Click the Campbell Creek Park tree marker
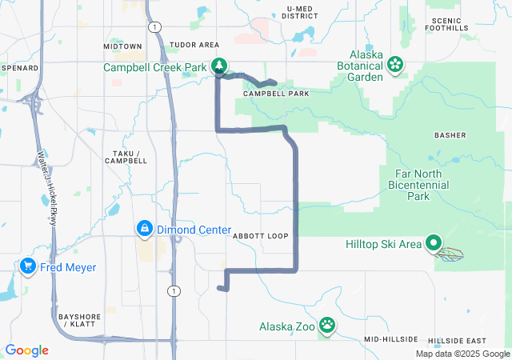pyautogui.click(x=218, y=66)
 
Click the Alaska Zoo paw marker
pyautogui.click(x=327, y=325)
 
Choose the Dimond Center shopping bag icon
pyautogui.click(x=144, y=229)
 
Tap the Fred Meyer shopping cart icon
pyautogui.click(x=28, y=266)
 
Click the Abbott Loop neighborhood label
pyautogui.click(x=260, y=237)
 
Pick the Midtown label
pyautogui.click(x=122, y=46)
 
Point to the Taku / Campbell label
pyautogui.click(x=126, y=157)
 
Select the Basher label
pyautogui.click(x=450, y=135)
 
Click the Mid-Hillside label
pyautogui.click(x=387, y=340)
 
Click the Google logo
pyautogui.click(x=27, y=350)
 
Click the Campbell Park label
pyautogui.click(x=276, y=94)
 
